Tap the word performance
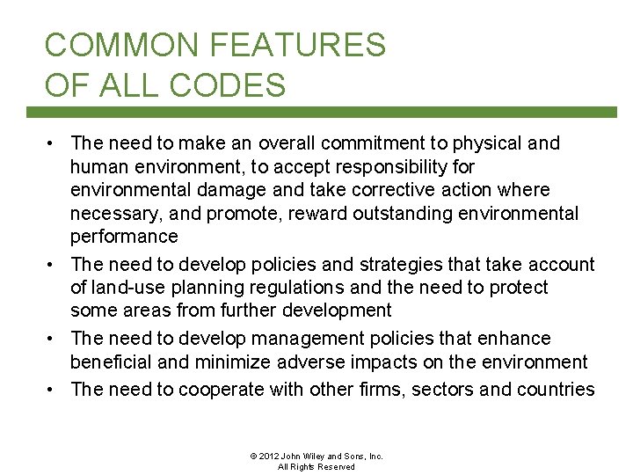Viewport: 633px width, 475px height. (x=124, y=237)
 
